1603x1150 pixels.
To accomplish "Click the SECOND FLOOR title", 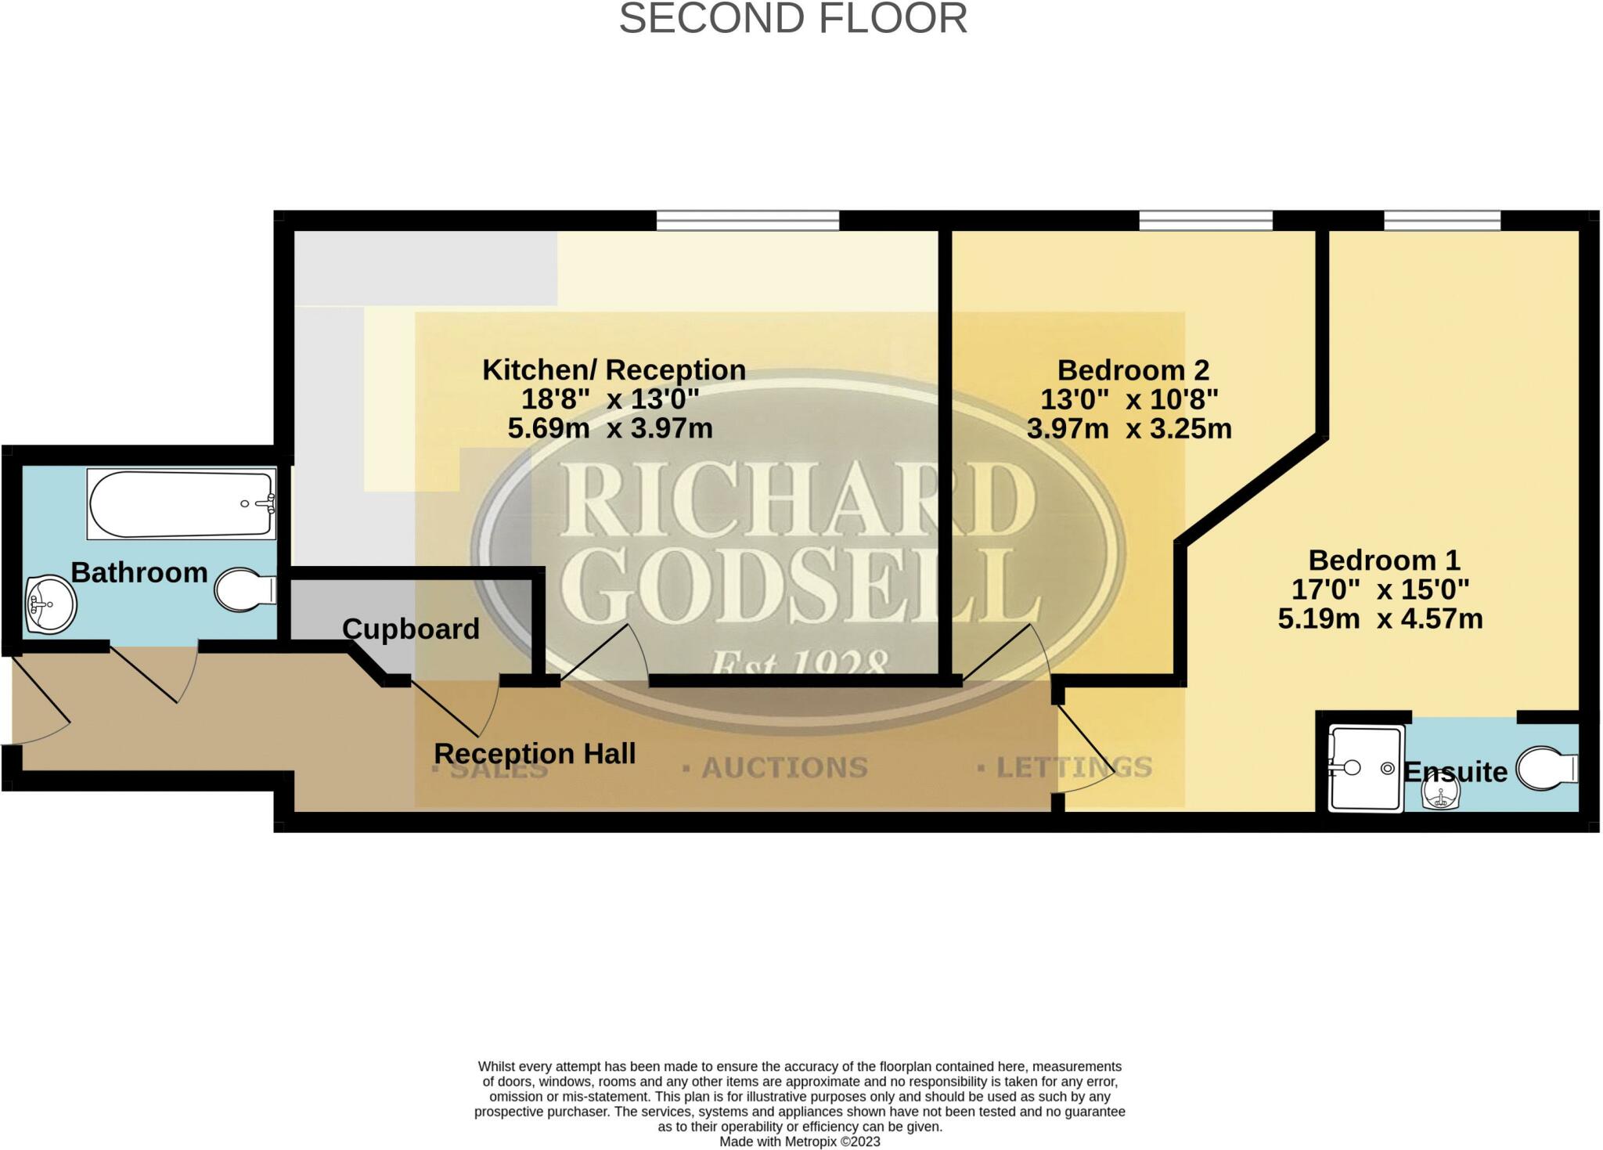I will click(792, 19).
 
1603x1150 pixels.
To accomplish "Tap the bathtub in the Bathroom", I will click(181, 504).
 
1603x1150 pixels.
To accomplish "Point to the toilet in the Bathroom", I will click(244, 590).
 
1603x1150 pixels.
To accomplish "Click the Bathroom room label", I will click(139, 573).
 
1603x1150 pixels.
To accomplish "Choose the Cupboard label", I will click(410, 629).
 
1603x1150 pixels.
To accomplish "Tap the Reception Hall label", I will click(535, 754).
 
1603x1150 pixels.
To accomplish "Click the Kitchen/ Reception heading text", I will click(614, 370).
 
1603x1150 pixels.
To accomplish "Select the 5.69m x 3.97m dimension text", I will click(610, 428).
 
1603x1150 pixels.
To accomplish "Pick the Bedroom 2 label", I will click(1133, 370).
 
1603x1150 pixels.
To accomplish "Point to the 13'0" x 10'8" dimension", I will click(1129, 400).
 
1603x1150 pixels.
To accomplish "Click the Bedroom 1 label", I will click(1384, 561).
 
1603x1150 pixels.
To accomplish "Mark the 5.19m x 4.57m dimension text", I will click(1380, 619).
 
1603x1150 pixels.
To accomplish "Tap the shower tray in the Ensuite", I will click(1366, 768).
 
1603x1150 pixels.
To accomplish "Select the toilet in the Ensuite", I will click(1547, 769).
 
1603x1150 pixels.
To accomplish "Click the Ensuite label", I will click(1455, 773).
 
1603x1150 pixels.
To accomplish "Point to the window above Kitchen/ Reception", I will click(747, 221).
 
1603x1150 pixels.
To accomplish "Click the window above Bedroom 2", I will click(1205, 221).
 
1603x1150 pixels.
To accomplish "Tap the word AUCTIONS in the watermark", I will click(784, 768).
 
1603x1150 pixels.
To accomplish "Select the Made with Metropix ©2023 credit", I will click(799, 1141).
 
